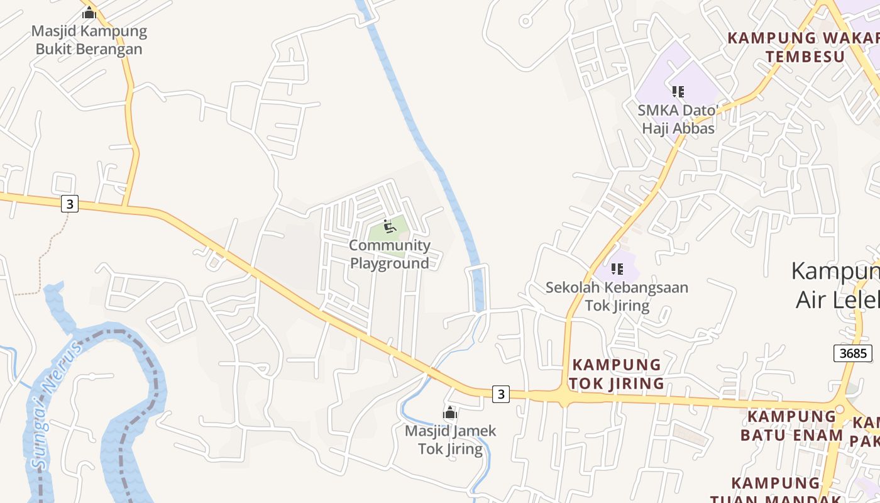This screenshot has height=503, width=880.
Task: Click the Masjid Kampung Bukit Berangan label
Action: pos(89,40)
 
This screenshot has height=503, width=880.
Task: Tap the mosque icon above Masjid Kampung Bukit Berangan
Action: pos(89,13)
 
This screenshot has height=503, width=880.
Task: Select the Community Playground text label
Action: pos(390,254)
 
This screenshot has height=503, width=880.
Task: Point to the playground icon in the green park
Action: pos(389,226)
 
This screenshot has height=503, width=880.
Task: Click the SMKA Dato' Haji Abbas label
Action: pos(678,119)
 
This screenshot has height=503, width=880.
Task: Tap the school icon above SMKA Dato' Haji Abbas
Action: pos(678,92)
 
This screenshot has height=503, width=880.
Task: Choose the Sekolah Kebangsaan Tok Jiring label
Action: pos(617,296)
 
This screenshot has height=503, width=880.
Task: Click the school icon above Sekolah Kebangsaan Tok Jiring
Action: pos(617,269)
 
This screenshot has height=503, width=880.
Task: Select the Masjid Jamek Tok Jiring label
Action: pos(450,439)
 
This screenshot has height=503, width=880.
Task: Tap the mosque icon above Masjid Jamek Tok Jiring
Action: pos(450,413)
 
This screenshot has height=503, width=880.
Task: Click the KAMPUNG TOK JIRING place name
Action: pos(617,373)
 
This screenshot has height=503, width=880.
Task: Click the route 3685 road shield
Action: pos(853,353)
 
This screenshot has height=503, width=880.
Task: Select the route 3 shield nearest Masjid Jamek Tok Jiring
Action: pos(500,394)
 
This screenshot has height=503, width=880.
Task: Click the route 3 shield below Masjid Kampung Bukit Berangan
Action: pos(70,204)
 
